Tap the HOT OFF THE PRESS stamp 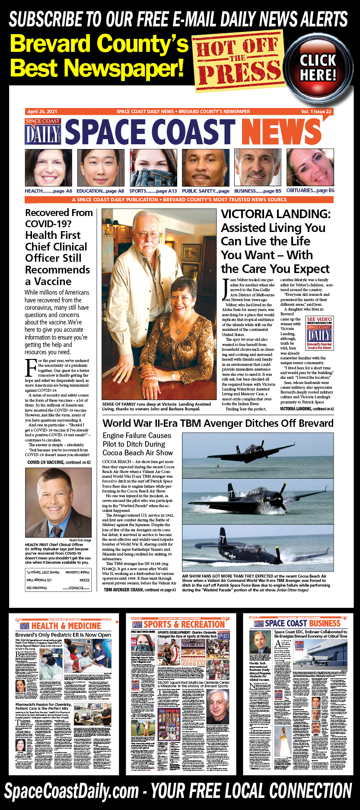[238, 60]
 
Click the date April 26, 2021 [42, 111]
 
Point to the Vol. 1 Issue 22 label [316, 111]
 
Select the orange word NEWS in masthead [280, 132]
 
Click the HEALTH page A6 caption [48, 191]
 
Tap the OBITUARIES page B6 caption [310, 190]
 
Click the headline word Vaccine [53, 281]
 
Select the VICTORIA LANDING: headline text [275, 214]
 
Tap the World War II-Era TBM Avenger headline [218, 423]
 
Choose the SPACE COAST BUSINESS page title [303, 623]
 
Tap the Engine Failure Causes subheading [137, 435]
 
